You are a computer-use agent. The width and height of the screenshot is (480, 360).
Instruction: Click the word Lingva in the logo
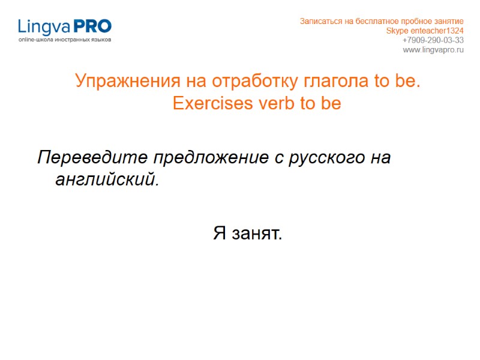[44, 27]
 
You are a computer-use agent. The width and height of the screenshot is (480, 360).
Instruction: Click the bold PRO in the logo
[92, 26]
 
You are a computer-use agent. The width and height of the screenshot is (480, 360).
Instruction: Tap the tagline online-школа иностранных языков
[65, 40]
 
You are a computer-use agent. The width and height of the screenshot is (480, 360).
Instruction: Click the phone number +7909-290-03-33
[433, 40]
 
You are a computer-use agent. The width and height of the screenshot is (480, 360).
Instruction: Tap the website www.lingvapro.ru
[433, 50]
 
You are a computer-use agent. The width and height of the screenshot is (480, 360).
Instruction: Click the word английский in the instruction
[107, 179]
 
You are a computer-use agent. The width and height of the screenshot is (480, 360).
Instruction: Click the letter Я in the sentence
[219, 233]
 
